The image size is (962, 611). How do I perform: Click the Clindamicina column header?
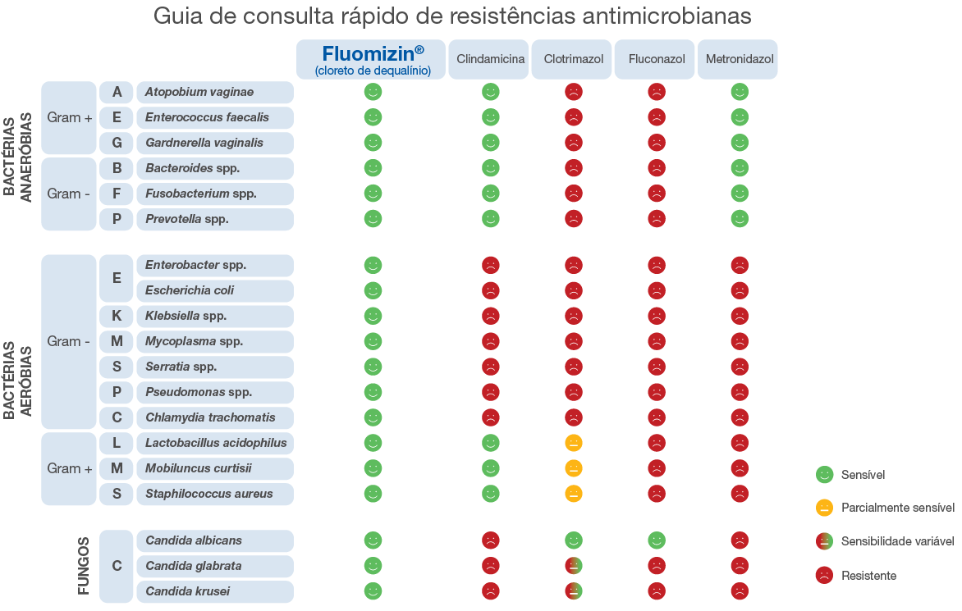click(x=491, y=60)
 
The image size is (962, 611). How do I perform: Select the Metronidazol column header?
click(x=739, y=60)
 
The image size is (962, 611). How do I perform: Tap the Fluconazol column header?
click(x=656, y=60)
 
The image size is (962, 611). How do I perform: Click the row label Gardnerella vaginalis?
click(x=215, y=143)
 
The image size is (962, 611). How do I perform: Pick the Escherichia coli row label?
click(x=215, y=290)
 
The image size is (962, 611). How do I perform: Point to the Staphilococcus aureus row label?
click(x=215, y=494)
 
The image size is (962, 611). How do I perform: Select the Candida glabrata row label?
click(x=215, y=566)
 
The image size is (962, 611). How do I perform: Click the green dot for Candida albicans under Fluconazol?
click(x=657, y=540)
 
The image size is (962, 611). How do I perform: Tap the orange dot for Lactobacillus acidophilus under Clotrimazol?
click(x=574, y=443)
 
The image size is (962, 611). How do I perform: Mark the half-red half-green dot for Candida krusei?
click(x=574, y=591)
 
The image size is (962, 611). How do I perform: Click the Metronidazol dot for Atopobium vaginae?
click(x=740, y=92)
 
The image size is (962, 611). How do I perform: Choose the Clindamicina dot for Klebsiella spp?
click(x=491, y=316)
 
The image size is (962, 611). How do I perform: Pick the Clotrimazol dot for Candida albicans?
click(x=574, y=540)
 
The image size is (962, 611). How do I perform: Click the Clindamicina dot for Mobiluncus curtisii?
click(x=491, y=468)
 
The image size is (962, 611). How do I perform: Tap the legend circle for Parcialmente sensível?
click(x=825, y=508)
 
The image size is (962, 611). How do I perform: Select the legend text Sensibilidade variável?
click(x=897, y=541)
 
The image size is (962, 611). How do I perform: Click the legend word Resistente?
click(x=868, y=576)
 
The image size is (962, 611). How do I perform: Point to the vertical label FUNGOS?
click(x=84, y=566)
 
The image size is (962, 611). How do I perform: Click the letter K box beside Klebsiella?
click(x=117, y=316)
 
